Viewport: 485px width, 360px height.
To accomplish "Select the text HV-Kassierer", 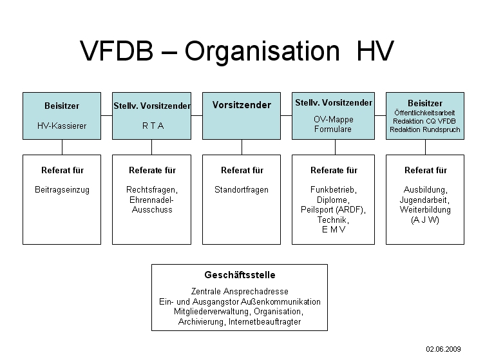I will point(62,126).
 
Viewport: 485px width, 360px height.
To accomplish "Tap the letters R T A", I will point(153,126).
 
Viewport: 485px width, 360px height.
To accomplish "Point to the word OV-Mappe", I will point(333,120).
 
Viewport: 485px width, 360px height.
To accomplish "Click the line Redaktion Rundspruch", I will point(425,129).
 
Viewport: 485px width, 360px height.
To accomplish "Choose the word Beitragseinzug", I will point(62,190).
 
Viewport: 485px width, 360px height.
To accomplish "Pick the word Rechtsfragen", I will point(152,190).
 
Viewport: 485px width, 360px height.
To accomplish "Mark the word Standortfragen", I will point(242,190).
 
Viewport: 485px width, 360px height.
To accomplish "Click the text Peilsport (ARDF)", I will point(333,210).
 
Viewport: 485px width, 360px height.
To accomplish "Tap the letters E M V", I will point(333,229).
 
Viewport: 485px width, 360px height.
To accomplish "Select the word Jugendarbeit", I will point(425,200).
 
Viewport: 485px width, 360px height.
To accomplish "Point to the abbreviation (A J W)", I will point(425,220).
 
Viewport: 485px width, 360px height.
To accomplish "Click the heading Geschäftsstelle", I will point(240,275).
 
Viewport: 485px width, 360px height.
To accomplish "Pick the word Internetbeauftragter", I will point(264,321).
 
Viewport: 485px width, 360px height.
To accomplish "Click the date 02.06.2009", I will point(443,348).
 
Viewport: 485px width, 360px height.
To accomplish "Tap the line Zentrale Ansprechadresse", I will point(240,292).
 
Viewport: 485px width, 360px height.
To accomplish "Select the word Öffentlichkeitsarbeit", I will point(425,113).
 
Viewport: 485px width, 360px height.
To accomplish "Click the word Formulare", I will point(333,129).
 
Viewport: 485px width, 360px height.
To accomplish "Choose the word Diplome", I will point(333,200).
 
